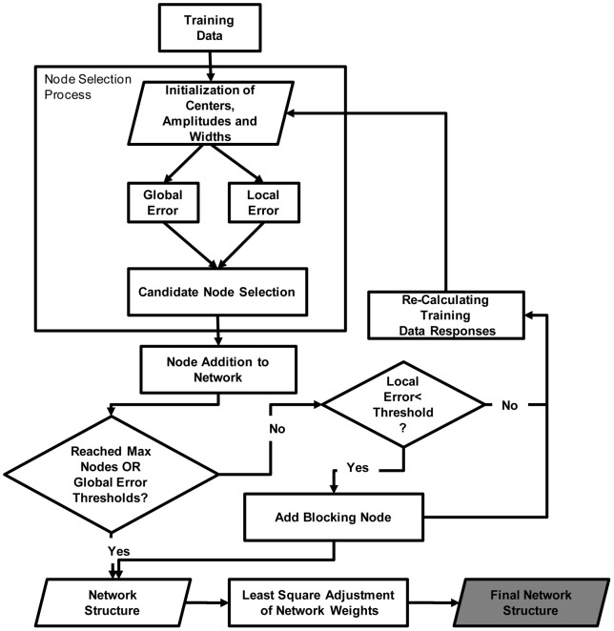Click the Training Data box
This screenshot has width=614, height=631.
tap(210, 28)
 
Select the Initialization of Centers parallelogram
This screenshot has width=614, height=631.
tap(211, 113)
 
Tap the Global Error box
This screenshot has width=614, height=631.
tap(163, 202)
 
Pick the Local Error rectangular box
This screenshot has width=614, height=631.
tap(264, 202)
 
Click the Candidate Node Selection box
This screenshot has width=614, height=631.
tap(217, 292)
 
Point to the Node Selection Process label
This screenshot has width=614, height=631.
tap(88, 87)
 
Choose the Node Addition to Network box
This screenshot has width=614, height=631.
tap(218, 370)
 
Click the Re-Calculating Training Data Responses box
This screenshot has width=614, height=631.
tap(446, 315)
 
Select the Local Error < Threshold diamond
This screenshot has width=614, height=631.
tap(403, 404)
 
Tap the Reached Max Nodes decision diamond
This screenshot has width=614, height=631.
tap(111, 475)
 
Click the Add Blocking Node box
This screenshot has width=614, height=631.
tap(334, 518)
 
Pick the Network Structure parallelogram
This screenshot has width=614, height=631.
tap(113, 602)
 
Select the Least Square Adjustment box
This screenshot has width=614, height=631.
tap(318, 602)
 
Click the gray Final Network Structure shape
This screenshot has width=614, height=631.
tap(531, 602)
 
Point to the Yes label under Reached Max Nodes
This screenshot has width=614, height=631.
tap(119, 551)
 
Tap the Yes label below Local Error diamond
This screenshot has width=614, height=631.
tap(358, 468)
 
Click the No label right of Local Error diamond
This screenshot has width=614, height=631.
tap(509, 405)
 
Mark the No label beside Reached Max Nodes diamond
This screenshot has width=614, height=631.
tap(277, 429)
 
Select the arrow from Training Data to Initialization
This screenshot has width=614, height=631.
tap(210, 67)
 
